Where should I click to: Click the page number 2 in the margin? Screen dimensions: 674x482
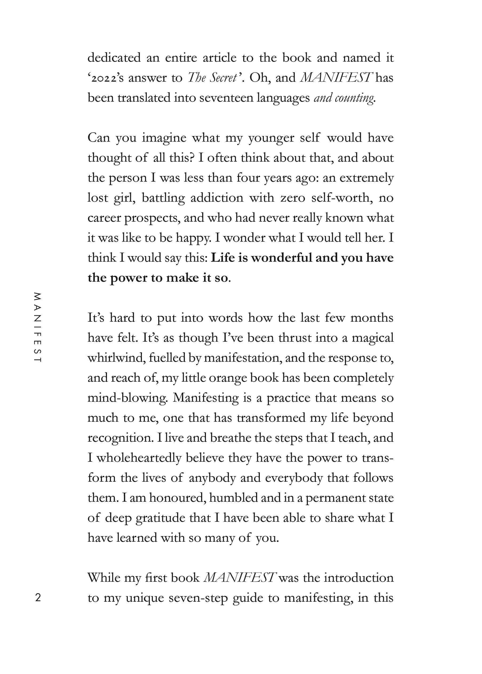(x=38, y=597)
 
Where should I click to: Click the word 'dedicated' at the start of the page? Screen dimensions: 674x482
(x=114, y=58)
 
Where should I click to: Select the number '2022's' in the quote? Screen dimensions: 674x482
(x=105, y=78)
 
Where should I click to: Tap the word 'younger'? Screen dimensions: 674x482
(x=271, y=138)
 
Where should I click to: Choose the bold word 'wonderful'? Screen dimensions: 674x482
(x=282, y=258)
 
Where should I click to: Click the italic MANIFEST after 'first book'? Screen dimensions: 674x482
(x=240, y=577)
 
